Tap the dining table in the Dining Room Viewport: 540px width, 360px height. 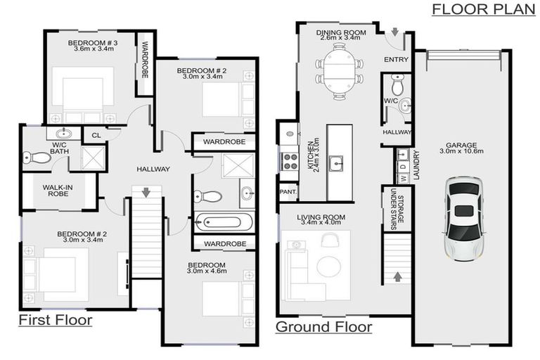point(340,65)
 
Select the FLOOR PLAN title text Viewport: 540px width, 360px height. point(483,9)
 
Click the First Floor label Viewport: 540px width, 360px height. point(56,321)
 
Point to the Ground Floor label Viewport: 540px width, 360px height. point(323,327)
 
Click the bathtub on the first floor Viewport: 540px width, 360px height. point(224,223)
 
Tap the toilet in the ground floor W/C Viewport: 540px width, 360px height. point(397,86)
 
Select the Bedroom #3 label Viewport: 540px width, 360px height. point(93,46)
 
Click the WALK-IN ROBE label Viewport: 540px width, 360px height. point(58,190)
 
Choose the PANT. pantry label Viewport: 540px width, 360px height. point(287,191)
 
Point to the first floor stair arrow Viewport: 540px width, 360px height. point(146,192)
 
